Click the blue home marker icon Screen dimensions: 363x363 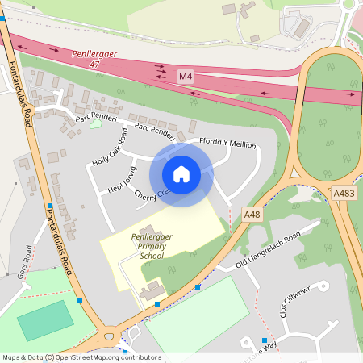[181, 174]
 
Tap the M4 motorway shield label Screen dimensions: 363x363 [186, 76]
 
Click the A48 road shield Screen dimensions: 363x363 [252, 214]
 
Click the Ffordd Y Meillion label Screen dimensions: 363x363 [227, 144]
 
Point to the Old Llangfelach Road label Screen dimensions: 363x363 [267, 250]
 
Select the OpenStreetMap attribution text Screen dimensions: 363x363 [81, 357]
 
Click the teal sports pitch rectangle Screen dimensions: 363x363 [45, 320]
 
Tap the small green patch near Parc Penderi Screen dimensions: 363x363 [96, 123]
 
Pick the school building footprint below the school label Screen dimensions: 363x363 [150, 290]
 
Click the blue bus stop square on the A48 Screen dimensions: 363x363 [198, 286]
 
